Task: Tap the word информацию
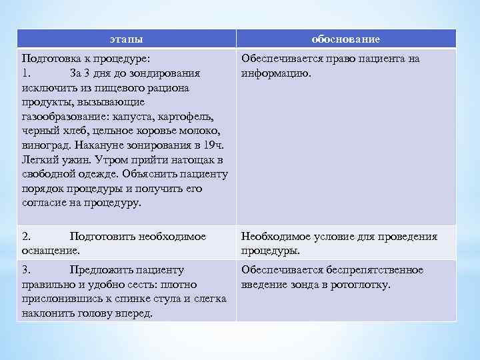coord(275,73)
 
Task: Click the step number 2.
coord(26,237)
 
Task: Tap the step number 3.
coord(26,270)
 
